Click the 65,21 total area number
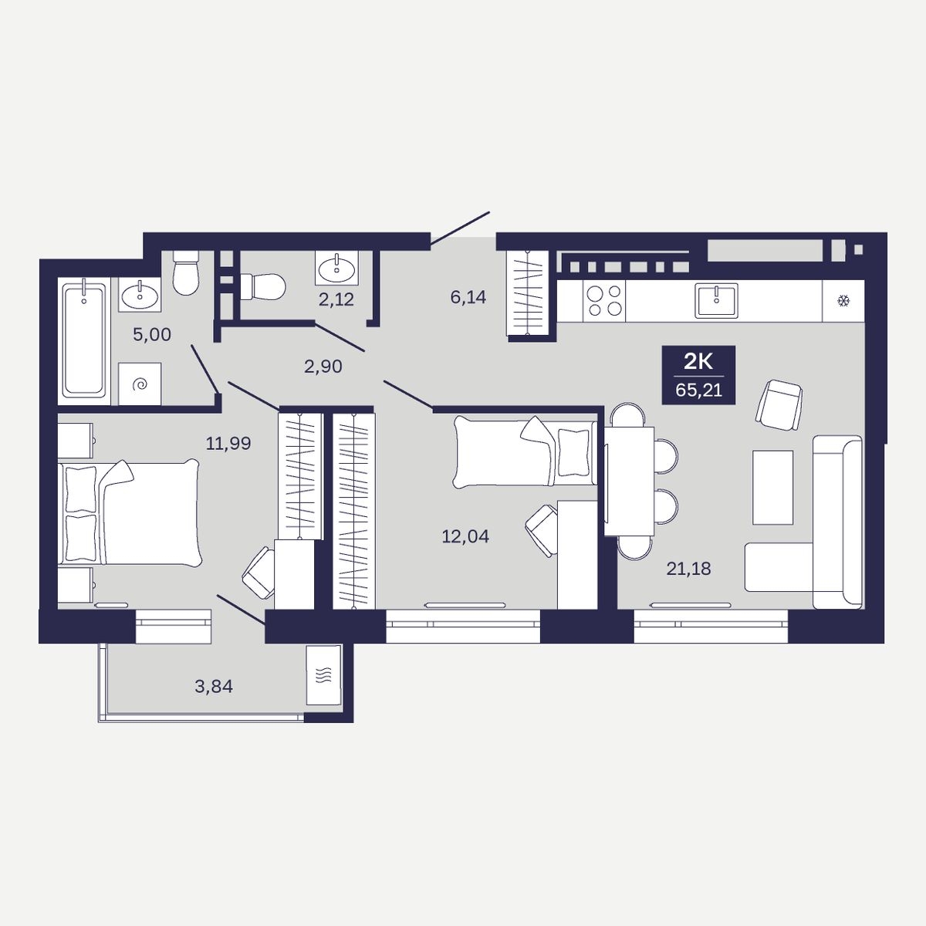(698, 390)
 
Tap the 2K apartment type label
(698, 361)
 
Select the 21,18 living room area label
(688, 569)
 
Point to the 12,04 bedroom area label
(465, 536)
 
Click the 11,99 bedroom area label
(228, 443)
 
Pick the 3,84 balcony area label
(214, 686)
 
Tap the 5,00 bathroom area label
(152, 334)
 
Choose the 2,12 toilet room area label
(336, 299)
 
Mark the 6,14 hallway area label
(468, 297)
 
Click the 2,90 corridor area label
(323, 367)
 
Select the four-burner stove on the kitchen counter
(604, 301)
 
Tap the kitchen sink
(716, 300)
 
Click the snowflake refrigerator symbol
(843, 301)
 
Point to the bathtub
(83, 340)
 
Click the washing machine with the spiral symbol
(140, 384)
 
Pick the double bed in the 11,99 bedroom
(128, 512)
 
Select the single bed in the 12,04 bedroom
(525, 451)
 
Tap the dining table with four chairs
(629, 481)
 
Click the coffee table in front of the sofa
(772, 487)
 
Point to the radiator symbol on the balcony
(323, 675)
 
